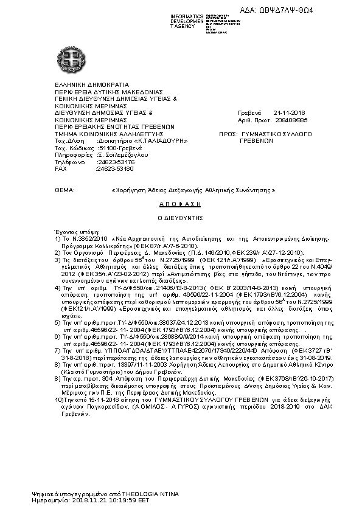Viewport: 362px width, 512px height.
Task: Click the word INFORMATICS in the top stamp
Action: [x=187, y=15]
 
